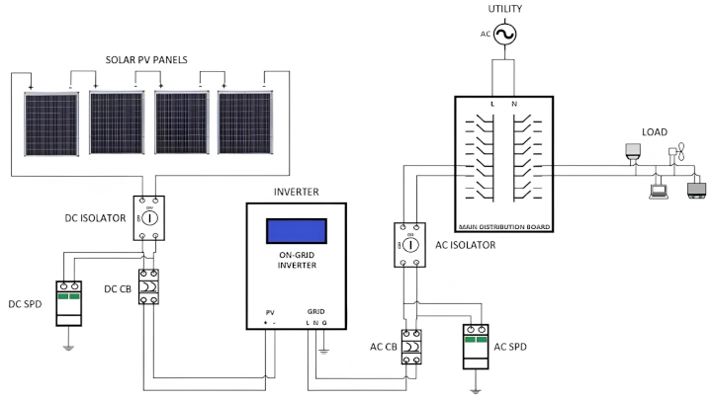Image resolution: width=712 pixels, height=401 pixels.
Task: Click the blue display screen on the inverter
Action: click(297, 230)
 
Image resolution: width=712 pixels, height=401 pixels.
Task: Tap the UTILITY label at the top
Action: click(503, 9)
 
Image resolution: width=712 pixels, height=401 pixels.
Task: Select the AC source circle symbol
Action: click(503, 35)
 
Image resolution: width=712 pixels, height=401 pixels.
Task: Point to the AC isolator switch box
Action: click(408, 244)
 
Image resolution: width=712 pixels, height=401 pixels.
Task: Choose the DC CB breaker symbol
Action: click(148, 286)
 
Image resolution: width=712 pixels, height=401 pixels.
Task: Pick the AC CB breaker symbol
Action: click(411, 347)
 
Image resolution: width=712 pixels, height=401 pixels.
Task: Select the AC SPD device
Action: click(476, 347)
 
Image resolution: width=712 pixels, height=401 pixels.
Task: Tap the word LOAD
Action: click(654, 132)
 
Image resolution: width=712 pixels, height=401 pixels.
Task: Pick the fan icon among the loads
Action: click(677, 154)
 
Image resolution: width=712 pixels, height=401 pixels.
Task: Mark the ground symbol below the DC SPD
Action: click(68, 345)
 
